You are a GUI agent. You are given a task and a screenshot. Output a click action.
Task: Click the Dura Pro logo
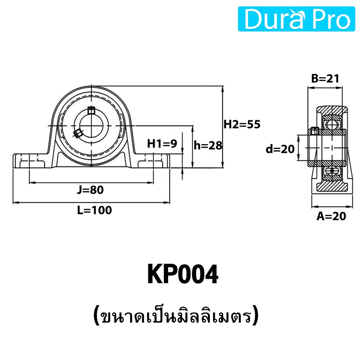pos(296,19)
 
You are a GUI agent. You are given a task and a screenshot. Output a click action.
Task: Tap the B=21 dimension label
pos(325,79)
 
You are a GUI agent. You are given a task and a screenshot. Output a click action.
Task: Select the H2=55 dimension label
pos(242,124)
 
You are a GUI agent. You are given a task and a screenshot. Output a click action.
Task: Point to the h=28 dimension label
pos(208,145)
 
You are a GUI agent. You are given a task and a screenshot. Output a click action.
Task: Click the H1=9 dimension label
pos(162,144)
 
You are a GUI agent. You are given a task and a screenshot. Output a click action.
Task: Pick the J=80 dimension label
pos(90,190)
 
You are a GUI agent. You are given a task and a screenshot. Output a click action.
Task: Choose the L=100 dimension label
pos(94,210)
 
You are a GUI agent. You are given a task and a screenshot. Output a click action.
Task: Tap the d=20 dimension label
pos(280,149)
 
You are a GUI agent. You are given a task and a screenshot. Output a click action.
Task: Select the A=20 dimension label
pos(331,216)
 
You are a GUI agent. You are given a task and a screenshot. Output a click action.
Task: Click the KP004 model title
pos(183,274)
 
